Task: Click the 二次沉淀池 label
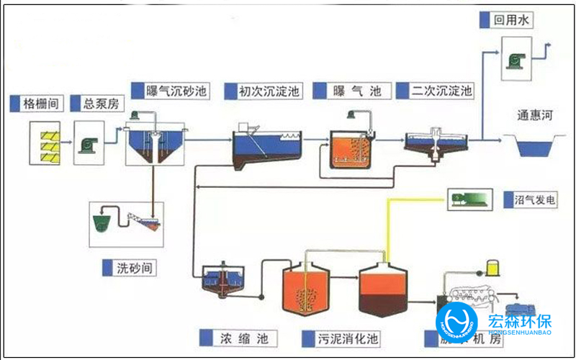441,91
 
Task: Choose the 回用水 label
510,21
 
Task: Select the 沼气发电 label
534,199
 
